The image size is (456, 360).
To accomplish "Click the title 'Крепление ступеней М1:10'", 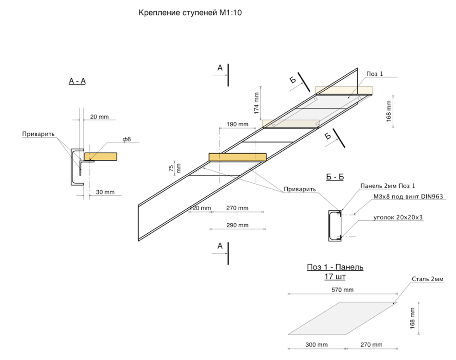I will [x=190, y=13].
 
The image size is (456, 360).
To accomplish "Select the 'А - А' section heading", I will [x=77, y=82].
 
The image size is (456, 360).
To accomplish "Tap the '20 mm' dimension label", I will [x=99, y=117].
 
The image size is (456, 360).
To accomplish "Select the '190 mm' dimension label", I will [x=237, y=124].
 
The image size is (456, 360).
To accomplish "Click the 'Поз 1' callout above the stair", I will [x=375, y=73].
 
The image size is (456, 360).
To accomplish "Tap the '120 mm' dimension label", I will [x=200, y=208].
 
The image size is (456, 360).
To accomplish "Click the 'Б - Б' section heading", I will [x=335, y=177].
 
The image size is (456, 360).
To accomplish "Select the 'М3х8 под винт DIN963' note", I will [x=408, y=196].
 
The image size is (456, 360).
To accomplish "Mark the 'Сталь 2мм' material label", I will [x=427, y=279].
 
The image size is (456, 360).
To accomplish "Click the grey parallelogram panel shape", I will [x=343, y=318].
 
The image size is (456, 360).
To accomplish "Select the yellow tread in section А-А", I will [x=101, y=156].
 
